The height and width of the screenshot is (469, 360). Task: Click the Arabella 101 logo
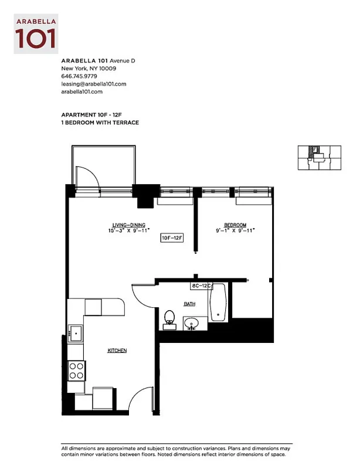click(36, 34)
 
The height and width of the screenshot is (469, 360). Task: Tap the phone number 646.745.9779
click(79, 76)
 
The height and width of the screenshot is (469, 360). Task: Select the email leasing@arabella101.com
click(94, 84)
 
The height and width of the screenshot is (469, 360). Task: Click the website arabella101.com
click(82, 92)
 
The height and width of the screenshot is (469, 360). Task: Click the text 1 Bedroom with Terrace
click(100, 123)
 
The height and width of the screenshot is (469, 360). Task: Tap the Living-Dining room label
click(128, 225)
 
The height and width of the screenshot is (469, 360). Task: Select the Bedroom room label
click(235, 225)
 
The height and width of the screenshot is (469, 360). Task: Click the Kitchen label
click(117, 351)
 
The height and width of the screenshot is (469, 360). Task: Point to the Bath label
click(189, 304)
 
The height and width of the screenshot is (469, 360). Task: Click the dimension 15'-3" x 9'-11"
click(129, 231)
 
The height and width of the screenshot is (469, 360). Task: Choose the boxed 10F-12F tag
click(173, 238)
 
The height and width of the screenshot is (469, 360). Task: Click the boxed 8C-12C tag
click(201, 286)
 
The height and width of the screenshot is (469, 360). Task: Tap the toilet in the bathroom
click(169, 318)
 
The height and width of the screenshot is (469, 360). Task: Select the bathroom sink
click(192, 324)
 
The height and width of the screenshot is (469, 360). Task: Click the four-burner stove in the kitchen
click(76, 370)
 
